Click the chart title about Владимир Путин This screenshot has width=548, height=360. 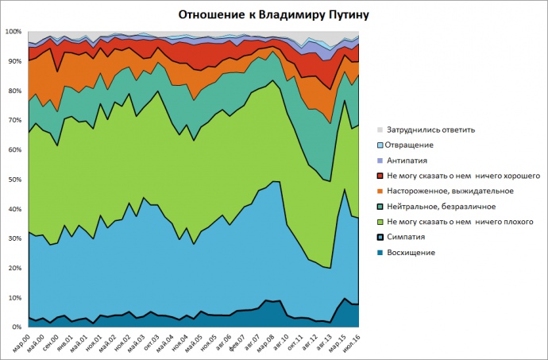274,14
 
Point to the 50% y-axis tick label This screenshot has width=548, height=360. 14,180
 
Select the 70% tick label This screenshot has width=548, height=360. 14,121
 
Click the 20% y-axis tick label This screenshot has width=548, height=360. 14,269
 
